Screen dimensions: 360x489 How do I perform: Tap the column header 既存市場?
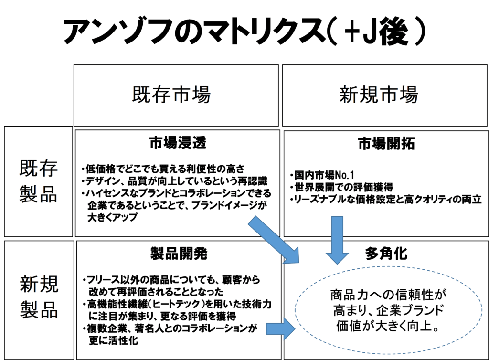click(x=171, y=95)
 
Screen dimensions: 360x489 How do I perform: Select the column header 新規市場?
click(x=379, y=95)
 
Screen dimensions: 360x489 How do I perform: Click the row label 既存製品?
click(x=39, y=182)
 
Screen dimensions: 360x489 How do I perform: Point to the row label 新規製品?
click(x=39, y=297)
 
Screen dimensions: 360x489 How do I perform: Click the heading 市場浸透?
click(x=178, y=142)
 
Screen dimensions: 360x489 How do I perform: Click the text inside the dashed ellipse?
click(x=387, y=311)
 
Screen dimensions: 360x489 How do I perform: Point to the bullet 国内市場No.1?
click(x=322, y=175)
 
